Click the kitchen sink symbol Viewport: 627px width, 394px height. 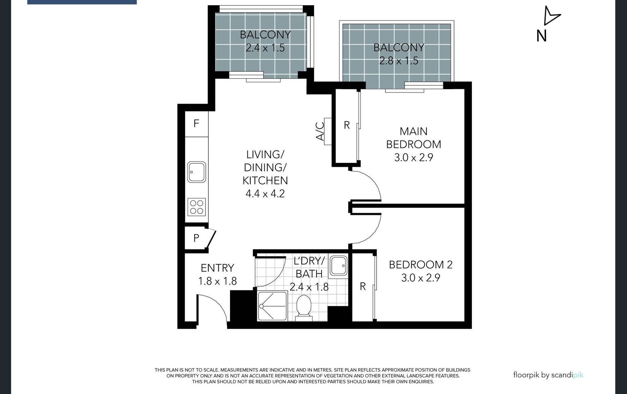coord(197,172)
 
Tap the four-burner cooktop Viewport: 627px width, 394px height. coord(197,207)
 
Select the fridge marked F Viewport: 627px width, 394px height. coord(196,123)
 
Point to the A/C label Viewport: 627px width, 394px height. coord(320,131)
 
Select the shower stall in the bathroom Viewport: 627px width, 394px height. coord(272,306)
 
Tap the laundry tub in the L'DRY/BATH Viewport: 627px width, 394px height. coord(338,266)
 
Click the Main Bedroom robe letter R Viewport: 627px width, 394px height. coord(346,125)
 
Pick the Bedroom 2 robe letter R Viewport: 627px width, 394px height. coord(363,286)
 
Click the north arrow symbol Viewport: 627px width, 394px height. coord(551,16)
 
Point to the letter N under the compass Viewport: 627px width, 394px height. coord(541,36)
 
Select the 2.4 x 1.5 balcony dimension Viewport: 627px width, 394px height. coord(265,48)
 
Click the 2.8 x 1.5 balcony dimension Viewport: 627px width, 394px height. coord(399,61)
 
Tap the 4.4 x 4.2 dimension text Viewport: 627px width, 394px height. coord(265,194)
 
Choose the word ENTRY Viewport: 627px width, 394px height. coord(217,268)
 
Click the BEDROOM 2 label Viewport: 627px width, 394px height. coord(421,265)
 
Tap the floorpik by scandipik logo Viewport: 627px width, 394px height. coord(548,375)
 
